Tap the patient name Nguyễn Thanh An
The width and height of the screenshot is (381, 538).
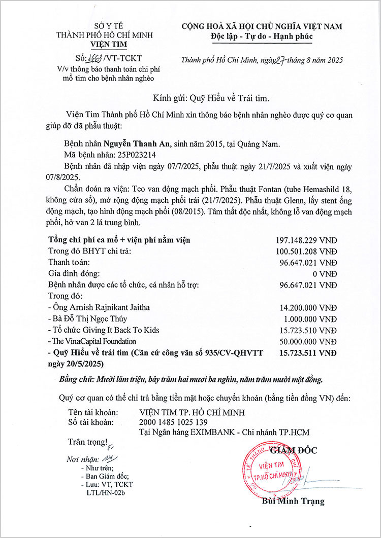pos(137,145)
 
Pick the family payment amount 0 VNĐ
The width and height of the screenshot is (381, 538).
pos(325,274)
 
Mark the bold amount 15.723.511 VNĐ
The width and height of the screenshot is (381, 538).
pos(308,352)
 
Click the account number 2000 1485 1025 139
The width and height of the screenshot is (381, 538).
pos(173,422)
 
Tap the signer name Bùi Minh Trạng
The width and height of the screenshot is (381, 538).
pos(293,501)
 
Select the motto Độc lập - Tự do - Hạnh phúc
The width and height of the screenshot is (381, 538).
pos(262,37)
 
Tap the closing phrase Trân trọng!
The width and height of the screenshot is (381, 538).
pos(88,442)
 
